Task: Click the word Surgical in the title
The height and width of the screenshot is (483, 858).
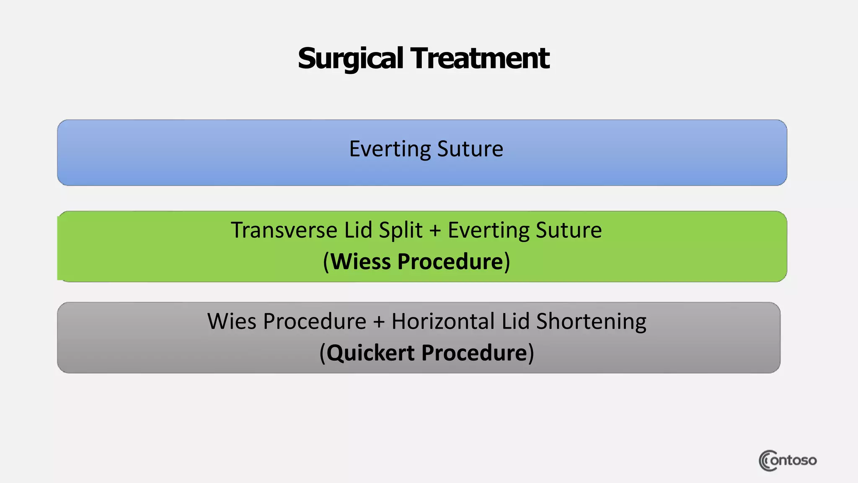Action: [350, 59]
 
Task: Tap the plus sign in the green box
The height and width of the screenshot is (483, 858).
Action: [435, 231]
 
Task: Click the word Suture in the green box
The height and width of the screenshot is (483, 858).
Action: [569, 230]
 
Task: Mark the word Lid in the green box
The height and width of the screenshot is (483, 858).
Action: [358, 230]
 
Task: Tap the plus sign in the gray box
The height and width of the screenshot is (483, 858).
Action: [379, 322]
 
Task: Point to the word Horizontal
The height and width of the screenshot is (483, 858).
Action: [443, 322]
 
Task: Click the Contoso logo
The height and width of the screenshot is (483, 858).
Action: [787, 460]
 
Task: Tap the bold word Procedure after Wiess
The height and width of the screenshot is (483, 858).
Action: [450, 262]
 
